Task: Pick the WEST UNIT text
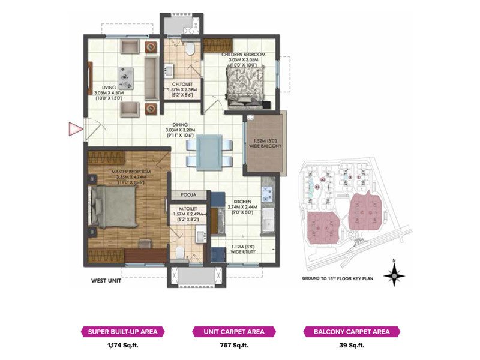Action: pos(108,280)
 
